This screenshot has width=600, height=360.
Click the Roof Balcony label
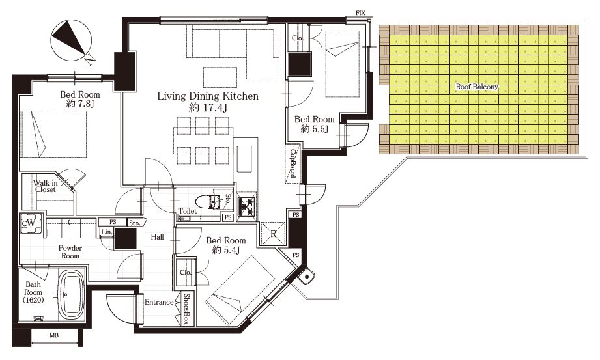(477, 87)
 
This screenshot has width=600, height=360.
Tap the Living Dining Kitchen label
(208, 96)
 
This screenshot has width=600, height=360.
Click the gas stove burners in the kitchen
(247, 206)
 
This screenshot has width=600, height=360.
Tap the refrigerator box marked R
(273, 233)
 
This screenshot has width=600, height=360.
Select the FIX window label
(360, 13)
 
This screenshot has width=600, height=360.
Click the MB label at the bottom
(54, 335)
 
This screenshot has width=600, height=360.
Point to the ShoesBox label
(187, 309)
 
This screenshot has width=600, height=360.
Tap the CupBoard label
(293, 163)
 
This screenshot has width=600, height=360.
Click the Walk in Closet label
(46, 186)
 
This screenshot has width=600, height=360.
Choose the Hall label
(157, 237)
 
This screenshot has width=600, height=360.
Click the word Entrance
(159, 302)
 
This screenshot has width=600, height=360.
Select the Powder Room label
(70, 252)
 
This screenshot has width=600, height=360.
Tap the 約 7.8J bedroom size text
(80, 104)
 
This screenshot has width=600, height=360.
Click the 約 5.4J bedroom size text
(226, 250)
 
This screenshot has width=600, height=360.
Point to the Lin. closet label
(107, 232)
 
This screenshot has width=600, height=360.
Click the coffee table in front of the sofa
(220, 77)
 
